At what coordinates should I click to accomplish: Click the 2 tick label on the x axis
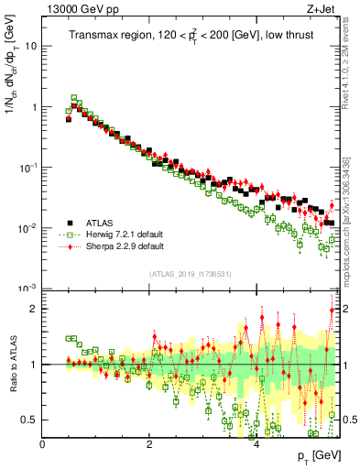click(149, 444)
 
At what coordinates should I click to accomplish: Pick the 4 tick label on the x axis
click(256, 444)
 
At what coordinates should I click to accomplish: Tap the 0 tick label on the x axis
click(42, 444)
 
